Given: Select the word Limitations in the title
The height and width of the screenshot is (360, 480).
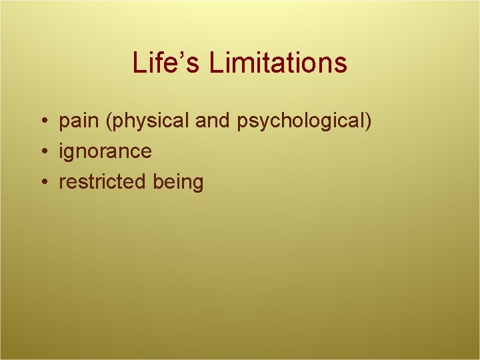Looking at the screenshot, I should (x=278, y=63).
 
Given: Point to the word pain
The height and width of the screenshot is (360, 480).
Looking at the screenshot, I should (x=79, y=123).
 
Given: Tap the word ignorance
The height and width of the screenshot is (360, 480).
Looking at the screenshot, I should (x=105, y=152).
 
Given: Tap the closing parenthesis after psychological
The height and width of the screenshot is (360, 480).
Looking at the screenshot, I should (x=369, y=123).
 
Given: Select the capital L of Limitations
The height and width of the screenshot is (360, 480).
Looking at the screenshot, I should (x=215, y=63).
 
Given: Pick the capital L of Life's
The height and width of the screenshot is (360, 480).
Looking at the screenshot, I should (x=139, y=63).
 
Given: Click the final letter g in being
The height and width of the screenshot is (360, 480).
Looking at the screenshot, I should (x=197, y=184).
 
